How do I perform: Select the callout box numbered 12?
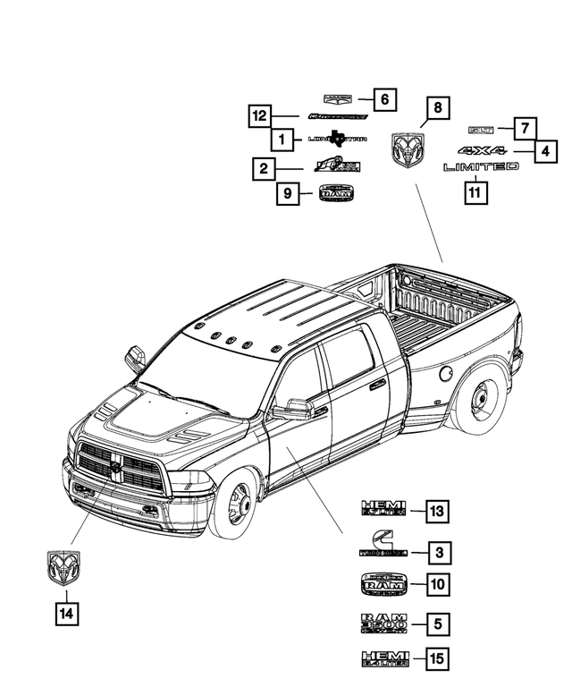(259, 116)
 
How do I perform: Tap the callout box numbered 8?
(437, 107)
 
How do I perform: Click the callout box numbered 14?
(65, 614)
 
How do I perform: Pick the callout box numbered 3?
(437, 551)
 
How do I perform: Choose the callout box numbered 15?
(437, 660)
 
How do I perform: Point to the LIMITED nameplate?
(480, 167)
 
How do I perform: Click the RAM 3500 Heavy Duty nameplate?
(383, 623)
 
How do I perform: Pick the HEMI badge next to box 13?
(383, 510)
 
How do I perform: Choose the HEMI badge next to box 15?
(383, 660)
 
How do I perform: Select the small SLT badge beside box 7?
(484, 130)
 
